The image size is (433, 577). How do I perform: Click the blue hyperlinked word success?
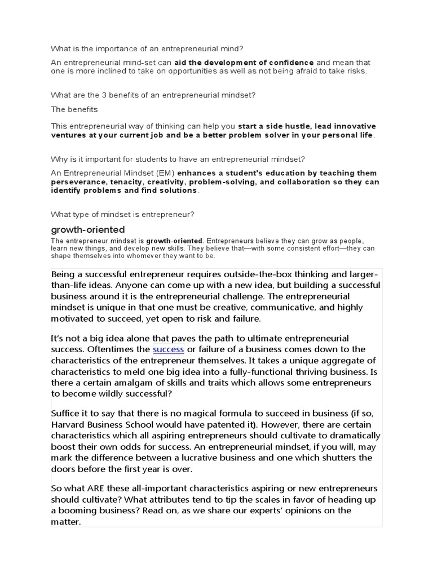[x=168, y=349]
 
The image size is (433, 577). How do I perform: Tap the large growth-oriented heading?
[x=87, y=229]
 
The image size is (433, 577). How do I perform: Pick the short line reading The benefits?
[x=74, y=109]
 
